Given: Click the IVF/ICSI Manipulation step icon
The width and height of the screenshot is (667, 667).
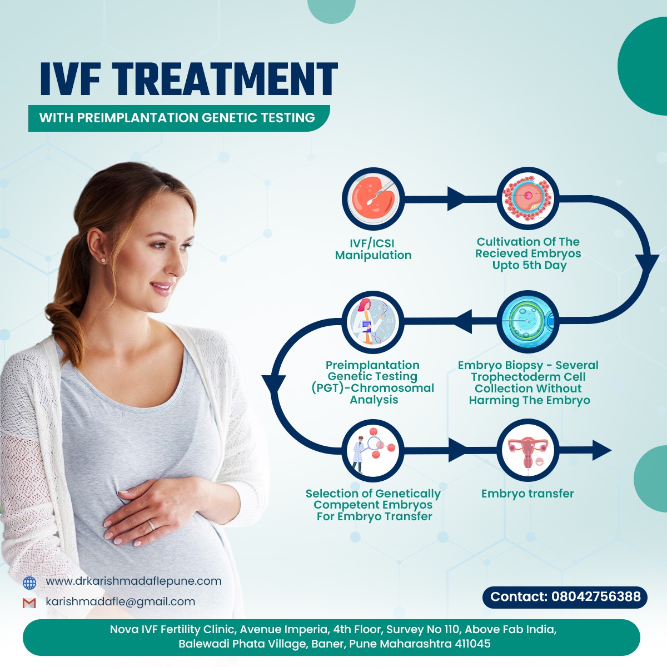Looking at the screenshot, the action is [373, 198].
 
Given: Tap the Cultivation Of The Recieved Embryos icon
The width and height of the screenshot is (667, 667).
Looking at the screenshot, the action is [528, 198].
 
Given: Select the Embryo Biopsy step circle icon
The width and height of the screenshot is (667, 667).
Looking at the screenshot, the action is [528, 322].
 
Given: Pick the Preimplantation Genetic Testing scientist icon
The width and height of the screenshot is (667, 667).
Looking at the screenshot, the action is [373, 322].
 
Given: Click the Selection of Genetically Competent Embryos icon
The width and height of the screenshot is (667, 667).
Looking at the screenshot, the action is [373, 450].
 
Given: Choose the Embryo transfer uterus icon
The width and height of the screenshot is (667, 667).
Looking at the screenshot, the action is [528, 450].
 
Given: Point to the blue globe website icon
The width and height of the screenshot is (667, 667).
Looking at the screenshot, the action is [29, 583].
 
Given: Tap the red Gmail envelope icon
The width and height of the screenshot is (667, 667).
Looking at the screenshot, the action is [29, 603].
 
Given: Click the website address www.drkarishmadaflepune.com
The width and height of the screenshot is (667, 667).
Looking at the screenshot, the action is [133, 581].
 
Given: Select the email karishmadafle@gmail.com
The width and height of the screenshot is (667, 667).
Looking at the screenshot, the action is [121, 601].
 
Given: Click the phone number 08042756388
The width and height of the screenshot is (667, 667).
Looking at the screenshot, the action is [596, 596].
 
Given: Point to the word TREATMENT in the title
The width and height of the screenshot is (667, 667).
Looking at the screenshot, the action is [225, 79].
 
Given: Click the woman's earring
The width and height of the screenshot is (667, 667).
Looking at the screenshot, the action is [103, 259].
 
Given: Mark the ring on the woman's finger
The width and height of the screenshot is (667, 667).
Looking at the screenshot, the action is [151, 525].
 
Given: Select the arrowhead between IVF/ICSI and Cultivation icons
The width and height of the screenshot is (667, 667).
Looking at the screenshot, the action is [456, 198].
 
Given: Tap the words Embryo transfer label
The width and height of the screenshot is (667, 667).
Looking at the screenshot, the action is [527, 494].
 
